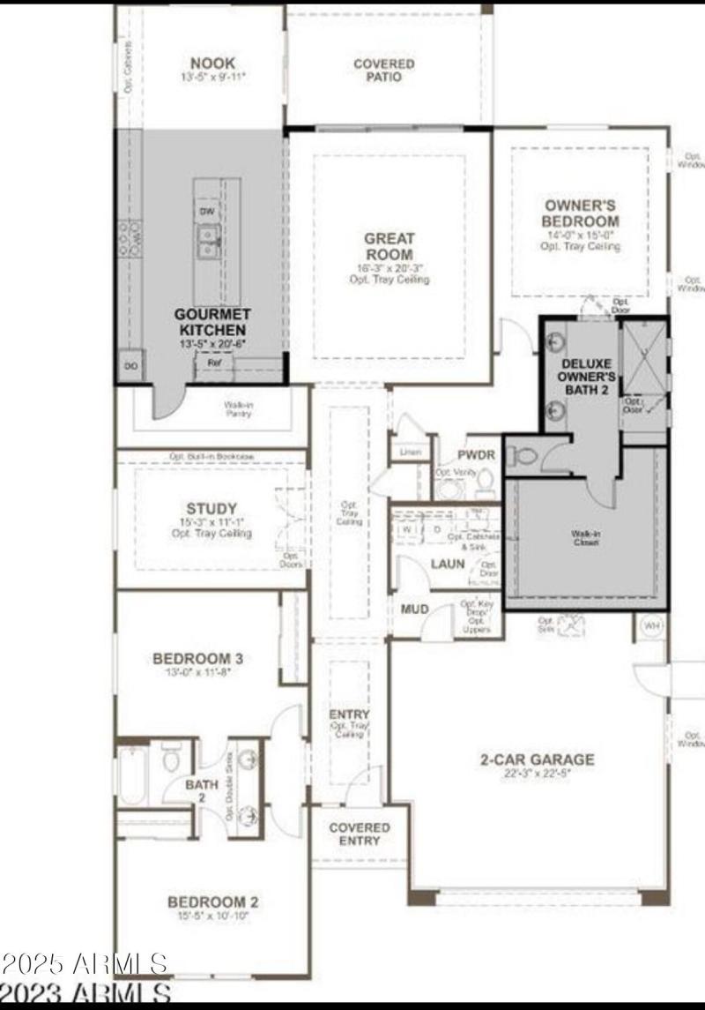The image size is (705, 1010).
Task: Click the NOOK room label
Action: [x=212, y=64]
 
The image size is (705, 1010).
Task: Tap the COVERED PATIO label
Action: [x=383, y=71]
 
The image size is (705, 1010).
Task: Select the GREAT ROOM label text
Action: [x=389, y=246]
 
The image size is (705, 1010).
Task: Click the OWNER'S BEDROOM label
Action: [x=580, y=213]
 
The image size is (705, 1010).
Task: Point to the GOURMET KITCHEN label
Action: [x=212, y=321]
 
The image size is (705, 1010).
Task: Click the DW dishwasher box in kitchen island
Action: [x=207, y=213]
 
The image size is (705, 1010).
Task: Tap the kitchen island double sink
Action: [x=209, y=241]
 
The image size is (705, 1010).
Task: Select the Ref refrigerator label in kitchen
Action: [x=214, y=363]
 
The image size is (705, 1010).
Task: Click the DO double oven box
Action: [x=130, y=365]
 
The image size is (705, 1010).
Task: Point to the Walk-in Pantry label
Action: [x=238, y=408]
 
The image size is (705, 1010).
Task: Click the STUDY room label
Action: [x=211, y=509]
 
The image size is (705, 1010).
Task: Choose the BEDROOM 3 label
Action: [x=197, y=658]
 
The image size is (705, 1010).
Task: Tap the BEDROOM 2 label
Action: [x=212, y=902]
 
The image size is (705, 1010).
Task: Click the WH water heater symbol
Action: [x=651, y=626]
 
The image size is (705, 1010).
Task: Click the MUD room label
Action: [x=414, y=610]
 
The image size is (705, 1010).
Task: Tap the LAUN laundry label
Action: [x=447, y=564]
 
